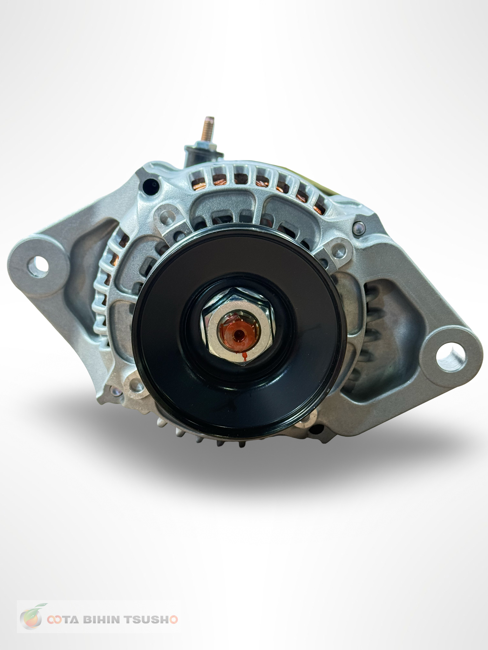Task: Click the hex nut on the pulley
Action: pos(239,327)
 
